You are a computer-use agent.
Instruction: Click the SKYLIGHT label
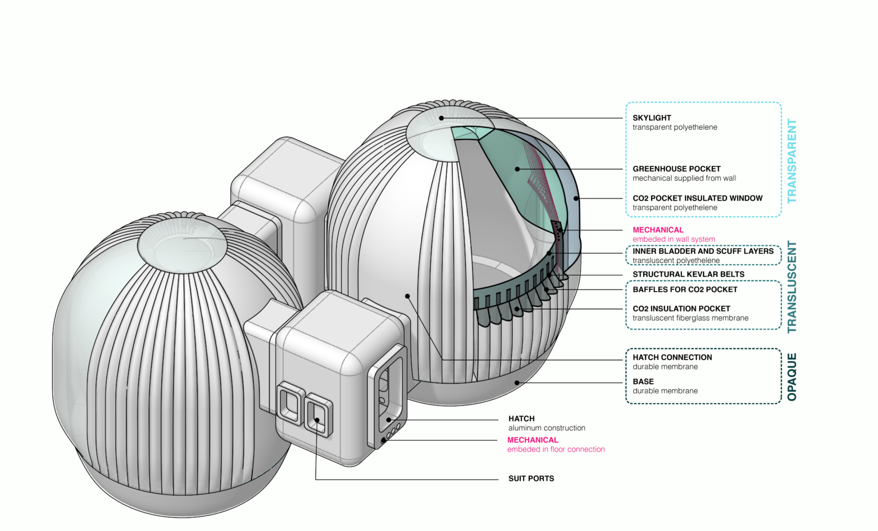click(x=652, y=118)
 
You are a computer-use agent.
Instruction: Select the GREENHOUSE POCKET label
click(x=676, y=169)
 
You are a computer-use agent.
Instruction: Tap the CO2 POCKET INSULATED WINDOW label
click(x=697, y=198)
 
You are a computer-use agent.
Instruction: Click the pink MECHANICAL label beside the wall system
click(x=658, y=230)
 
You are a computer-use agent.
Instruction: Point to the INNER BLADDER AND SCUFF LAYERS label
click(x=703, y=251)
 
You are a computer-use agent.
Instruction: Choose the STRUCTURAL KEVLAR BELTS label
click(x=688, y=274)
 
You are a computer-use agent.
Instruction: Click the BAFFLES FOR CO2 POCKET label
click(x=685, y=290)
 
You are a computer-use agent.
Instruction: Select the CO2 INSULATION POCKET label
click(x=681, y=309)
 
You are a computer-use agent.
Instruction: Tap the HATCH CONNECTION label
click(x=672, y=357)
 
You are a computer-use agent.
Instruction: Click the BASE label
click(x=643, y=382)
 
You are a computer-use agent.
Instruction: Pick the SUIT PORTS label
click(x=531, y=478)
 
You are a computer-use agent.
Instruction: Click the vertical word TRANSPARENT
click(x=792, y=161)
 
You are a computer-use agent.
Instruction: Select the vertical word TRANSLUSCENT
click(x=792, y=287)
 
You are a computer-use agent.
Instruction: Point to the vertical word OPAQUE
click(x=792, y=377)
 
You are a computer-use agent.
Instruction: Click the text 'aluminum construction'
click(x=546, y=428)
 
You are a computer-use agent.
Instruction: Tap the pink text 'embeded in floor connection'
click(x=556, y=449)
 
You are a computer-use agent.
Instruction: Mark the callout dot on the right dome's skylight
click(x=442, y=118)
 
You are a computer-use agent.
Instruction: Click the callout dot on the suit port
click(x=317, y=420)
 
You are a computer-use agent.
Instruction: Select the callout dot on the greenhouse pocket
click(x=517, y=169)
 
